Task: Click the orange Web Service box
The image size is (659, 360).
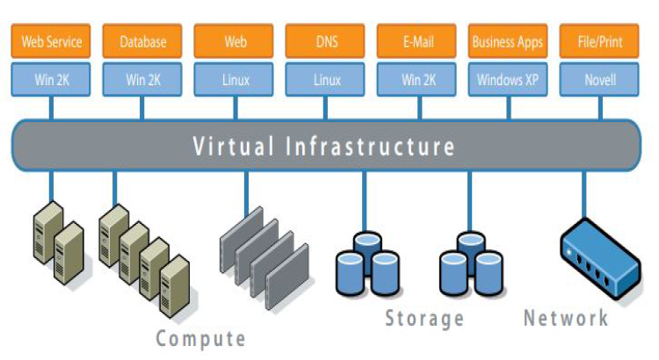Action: click(51, 41)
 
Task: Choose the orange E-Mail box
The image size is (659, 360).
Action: click(416, 41)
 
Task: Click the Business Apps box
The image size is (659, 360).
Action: click(508, 41)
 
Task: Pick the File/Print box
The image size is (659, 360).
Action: click(601, 41)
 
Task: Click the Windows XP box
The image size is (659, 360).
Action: click(508, 80)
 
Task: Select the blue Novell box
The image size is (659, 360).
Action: click(601, 80)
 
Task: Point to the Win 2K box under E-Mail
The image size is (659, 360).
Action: click(416, 80)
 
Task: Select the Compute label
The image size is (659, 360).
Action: click(201, 338)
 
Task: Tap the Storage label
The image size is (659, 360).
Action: click(424, 318)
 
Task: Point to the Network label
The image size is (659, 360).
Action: click(566, 317)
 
